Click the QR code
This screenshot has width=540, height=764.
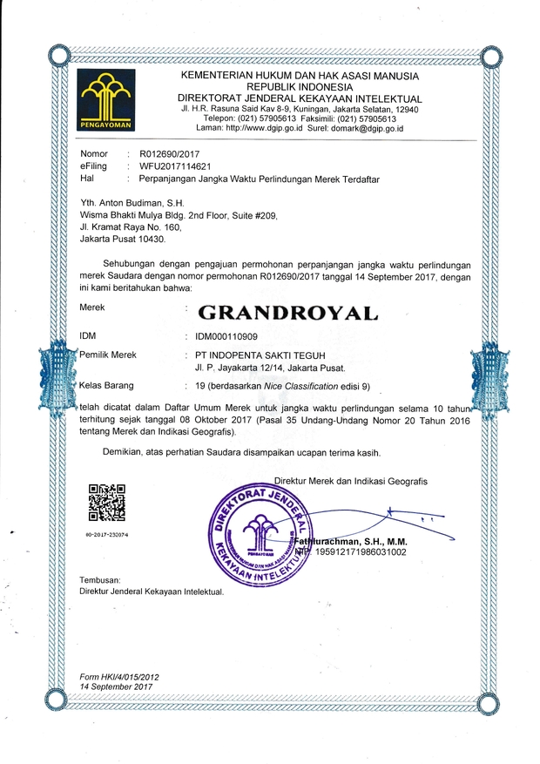(x=109, y=502)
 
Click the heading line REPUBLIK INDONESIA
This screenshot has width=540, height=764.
(x=295, y=88)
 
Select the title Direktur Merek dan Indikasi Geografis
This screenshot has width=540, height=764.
(x=350, y=482)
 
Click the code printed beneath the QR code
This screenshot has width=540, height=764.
(x=108, y=534)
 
